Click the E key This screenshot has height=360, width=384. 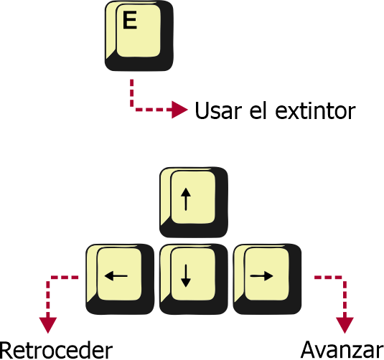[x=139, y=36]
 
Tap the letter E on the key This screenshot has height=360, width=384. [x=129, y=21]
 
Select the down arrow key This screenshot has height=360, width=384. [x=194, y=279]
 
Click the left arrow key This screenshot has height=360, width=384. [x=120, y=279]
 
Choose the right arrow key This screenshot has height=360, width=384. [x=267, y=279]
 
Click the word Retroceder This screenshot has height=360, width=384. [x=56, y=351]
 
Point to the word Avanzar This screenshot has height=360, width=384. [x=342, y=351]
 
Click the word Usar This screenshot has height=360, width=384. [x=218, y=110]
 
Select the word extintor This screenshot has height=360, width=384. [x=315, y=111]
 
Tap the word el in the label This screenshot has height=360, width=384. [x=258, y=110]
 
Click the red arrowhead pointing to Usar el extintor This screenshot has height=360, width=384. [x=179, y=110]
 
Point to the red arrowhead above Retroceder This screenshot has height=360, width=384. [x=48, y=326]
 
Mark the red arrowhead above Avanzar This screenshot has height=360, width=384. [x=345, y=326]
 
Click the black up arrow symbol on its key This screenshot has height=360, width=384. [x=186, y=199]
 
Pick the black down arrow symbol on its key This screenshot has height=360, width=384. [x=186, y=276]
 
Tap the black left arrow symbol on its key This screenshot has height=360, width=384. [x=116, y=276]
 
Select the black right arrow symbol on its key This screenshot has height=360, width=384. [x=261, y=276]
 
